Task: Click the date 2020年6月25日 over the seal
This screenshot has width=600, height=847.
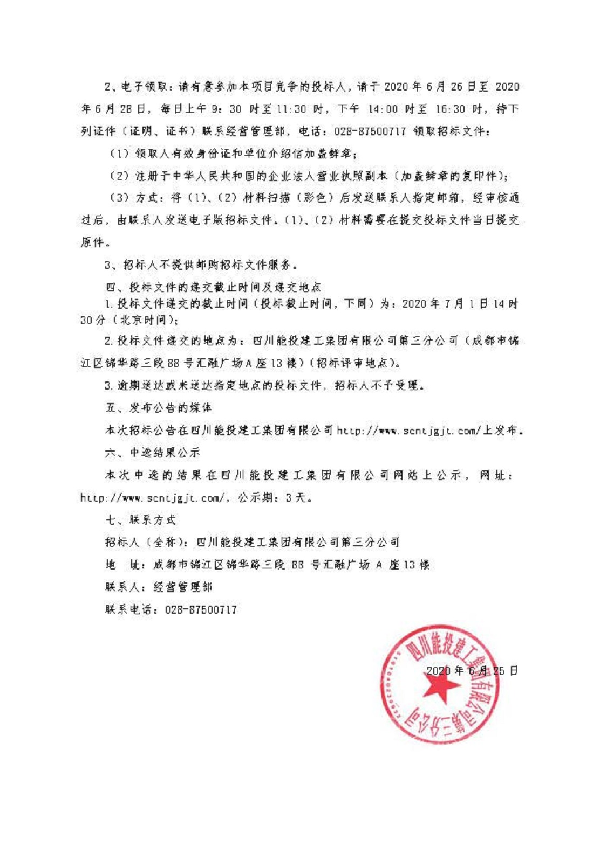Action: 472,671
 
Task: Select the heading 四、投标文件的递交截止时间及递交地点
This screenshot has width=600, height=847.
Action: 214,287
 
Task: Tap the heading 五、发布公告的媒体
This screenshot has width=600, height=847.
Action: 159,408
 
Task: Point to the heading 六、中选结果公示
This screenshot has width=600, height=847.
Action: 153,453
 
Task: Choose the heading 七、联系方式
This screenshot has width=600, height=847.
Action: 141,520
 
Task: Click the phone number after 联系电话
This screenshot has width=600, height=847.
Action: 201,610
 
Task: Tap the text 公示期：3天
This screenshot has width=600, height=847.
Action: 275,498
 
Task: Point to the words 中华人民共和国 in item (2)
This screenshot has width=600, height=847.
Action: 202,176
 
